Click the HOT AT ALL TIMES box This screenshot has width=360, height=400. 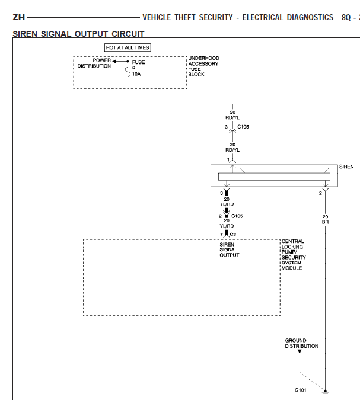[x=128, y=47]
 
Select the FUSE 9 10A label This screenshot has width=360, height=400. [x=138, y=68]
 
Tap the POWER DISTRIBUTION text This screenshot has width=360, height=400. [x=94, y=63]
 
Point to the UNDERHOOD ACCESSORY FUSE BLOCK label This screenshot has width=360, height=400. [x=203, y=66]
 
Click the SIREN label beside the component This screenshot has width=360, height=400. [x=346, y=167]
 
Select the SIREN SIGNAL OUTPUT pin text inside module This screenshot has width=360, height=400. [x=229, y=249]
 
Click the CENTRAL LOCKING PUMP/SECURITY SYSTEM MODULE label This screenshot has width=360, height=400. [x=293, y=255]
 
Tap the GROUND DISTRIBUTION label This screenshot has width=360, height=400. [x=301, y=344]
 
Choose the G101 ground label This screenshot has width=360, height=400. [x=302, y=390]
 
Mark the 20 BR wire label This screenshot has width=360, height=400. [x=325, y=219]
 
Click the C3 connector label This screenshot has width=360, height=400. [x=233, y=235]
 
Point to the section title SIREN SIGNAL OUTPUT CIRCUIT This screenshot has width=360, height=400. [x=78, y=34]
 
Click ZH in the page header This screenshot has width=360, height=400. [x=18, y=18]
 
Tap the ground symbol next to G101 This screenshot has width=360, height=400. [x=325, y=391]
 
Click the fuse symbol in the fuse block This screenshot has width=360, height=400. [x=128, y=71]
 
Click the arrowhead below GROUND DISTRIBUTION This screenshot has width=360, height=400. [x=300, y=352]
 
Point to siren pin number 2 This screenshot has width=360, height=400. [x=320, y=193]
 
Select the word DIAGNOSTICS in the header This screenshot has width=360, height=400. [x=305, y=18]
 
